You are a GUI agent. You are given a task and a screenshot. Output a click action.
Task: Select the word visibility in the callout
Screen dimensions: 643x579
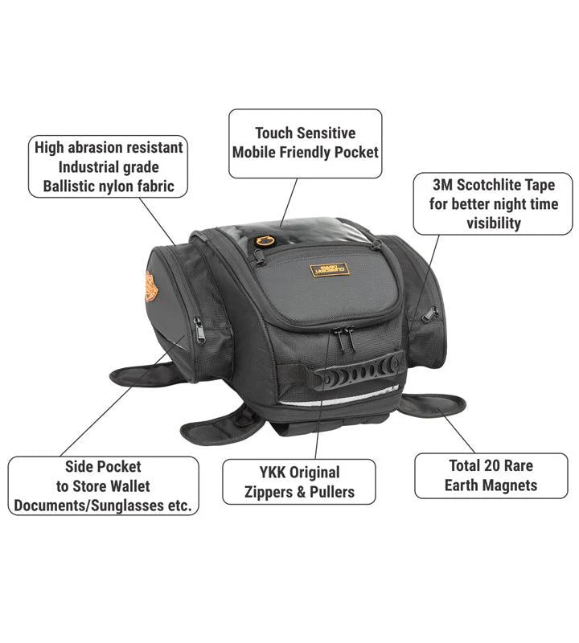[494, 223]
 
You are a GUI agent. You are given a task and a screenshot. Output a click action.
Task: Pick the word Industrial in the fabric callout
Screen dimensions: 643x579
[108, 167]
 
